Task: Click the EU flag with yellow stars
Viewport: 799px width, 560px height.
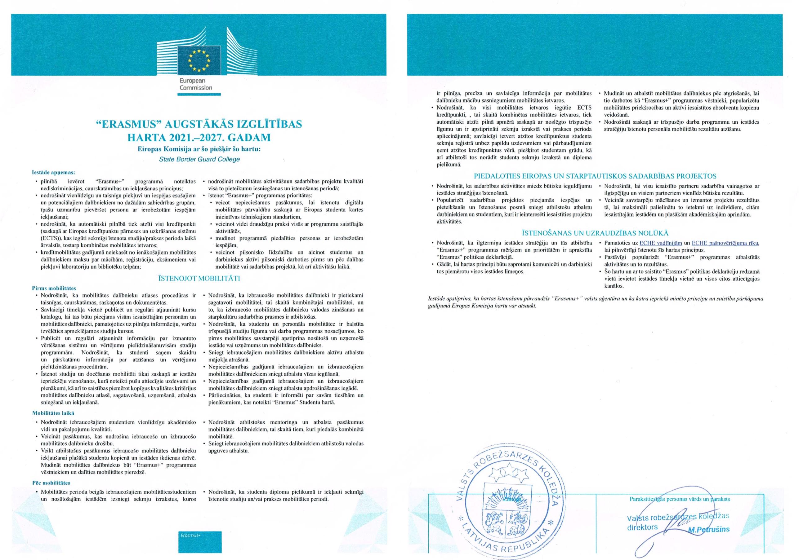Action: point(199,60)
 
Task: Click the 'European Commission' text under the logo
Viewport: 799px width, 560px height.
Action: point(196,84)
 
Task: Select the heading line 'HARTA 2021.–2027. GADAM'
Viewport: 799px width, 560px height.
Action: point(199,138)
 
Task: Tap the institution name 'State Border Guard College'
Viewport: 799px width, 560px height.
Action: point(199,159)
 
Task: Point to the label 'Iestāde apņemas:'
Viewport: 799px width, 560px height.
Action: point(54,172)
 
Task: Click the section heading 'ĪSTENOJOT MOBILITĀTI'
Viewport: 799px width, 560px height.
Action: point(199,278)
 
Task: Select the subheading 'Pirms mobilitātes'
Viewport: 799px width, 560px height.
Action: point(54,288)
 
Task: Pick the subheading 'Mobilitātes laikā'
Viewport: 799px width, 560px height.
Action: point(53,413)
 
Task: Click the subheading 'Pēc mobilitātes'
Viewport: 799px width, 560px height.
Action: point(51,483)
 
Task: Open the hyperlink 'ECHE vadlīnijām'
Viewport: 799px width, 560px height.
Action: point(659,243)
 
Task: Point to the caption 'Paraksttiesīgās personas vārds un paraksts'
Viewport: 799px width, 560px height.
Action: point(680,499)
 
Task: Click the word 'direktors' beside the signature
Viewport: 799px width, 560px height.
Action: point(642,527)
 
